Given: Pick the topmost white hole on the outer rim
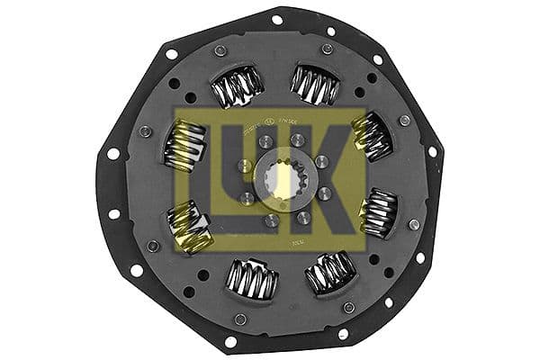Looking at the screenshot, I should [x=276, y=18].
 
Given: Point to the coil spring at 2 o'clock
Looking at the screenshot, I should [x=371, y=136].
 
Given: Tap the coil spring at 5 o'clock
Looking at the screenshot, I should [x=330, y=272].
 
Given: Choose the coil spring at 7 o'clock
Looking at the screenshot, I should [x=252, y=280].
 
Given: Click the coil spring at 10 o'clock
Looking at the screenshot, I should [x=183, y=147].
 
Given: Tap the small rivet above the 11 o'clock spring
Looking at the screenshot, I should [x=220, y=50].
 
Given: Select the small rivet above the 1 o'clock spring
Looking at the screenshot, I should [x=327, y=49].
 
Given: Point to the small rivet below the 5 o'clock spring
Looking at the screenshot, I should [x=348, y=308].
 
